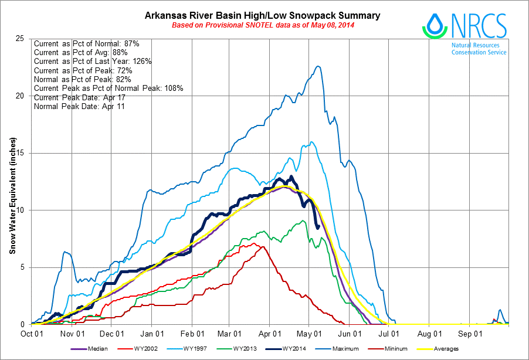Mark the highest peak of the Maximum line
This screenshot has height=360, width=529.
[x=318, y=66]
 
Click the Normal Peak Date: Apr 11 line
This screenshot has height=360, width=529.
[x=79, y=106]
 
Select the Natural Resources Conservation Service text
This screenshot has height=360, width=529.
[x=479, y=49]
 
